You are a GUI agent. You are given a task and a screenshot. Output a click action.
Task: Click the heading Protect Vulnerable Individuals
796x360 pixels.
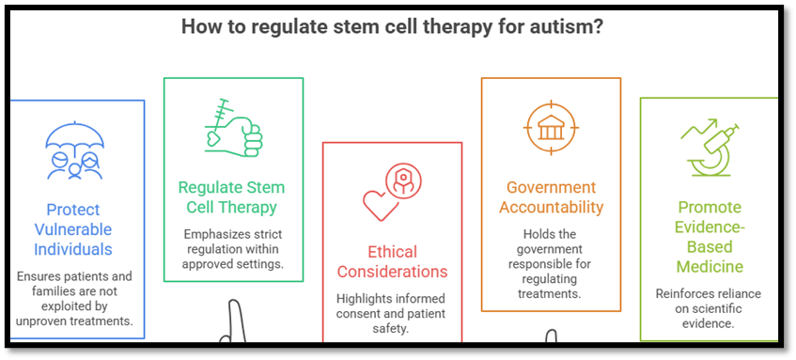(73, 229)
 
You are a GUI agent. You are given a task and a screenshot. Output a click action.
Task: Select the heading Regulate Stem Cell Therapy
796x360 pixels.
(231, 197)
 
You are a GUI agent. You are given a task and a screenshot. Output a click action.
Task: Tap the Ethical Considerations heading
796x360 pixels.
(394, 261)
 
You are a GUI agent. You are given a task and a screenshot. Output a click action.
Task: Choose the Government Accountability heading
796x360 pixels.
(552, 197)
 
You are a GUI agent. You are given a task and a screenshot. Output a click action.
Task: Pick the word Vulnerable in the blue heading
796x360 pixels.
(73, 229)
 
